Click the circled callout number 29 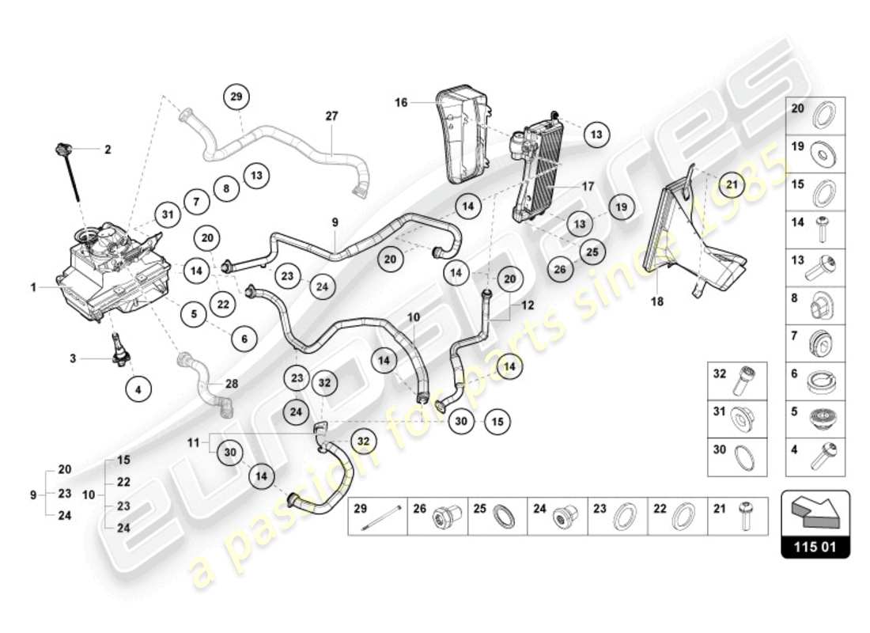tap(235, 97)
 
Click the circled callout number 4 tap(139, 388)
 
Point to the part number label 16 tap(401, 102)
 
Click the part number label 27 tap(331, 116)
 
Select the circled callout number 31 tap(166, 214)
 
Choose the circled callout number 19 tap(622, 207)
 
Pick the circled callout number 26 tap(560, 269)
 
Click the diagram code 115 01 tap(815, 546)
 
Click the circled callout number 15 tap(495, 421)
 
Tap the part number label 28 tap(231, 383)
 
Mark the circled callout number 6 tap(244, 339)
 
